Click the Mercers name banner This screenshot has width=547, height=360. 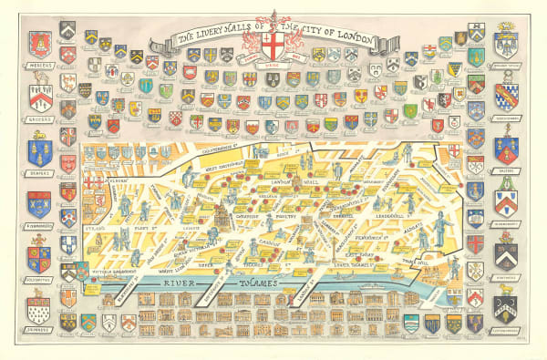38,65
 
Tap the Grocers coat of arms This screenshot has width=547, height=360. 38,98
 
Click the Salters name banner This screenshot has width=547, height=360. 506,168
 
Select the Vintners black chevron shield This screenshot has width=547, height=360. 506,255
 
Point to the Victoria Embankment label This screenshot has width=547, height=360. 102,272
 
